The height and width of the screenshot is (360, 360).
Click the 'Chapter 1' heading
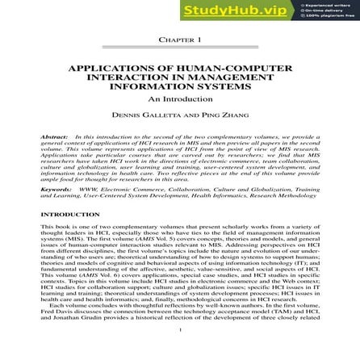pos(180,40)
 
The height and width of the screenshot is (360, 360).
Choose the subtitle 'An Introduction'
pos(180,97)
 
